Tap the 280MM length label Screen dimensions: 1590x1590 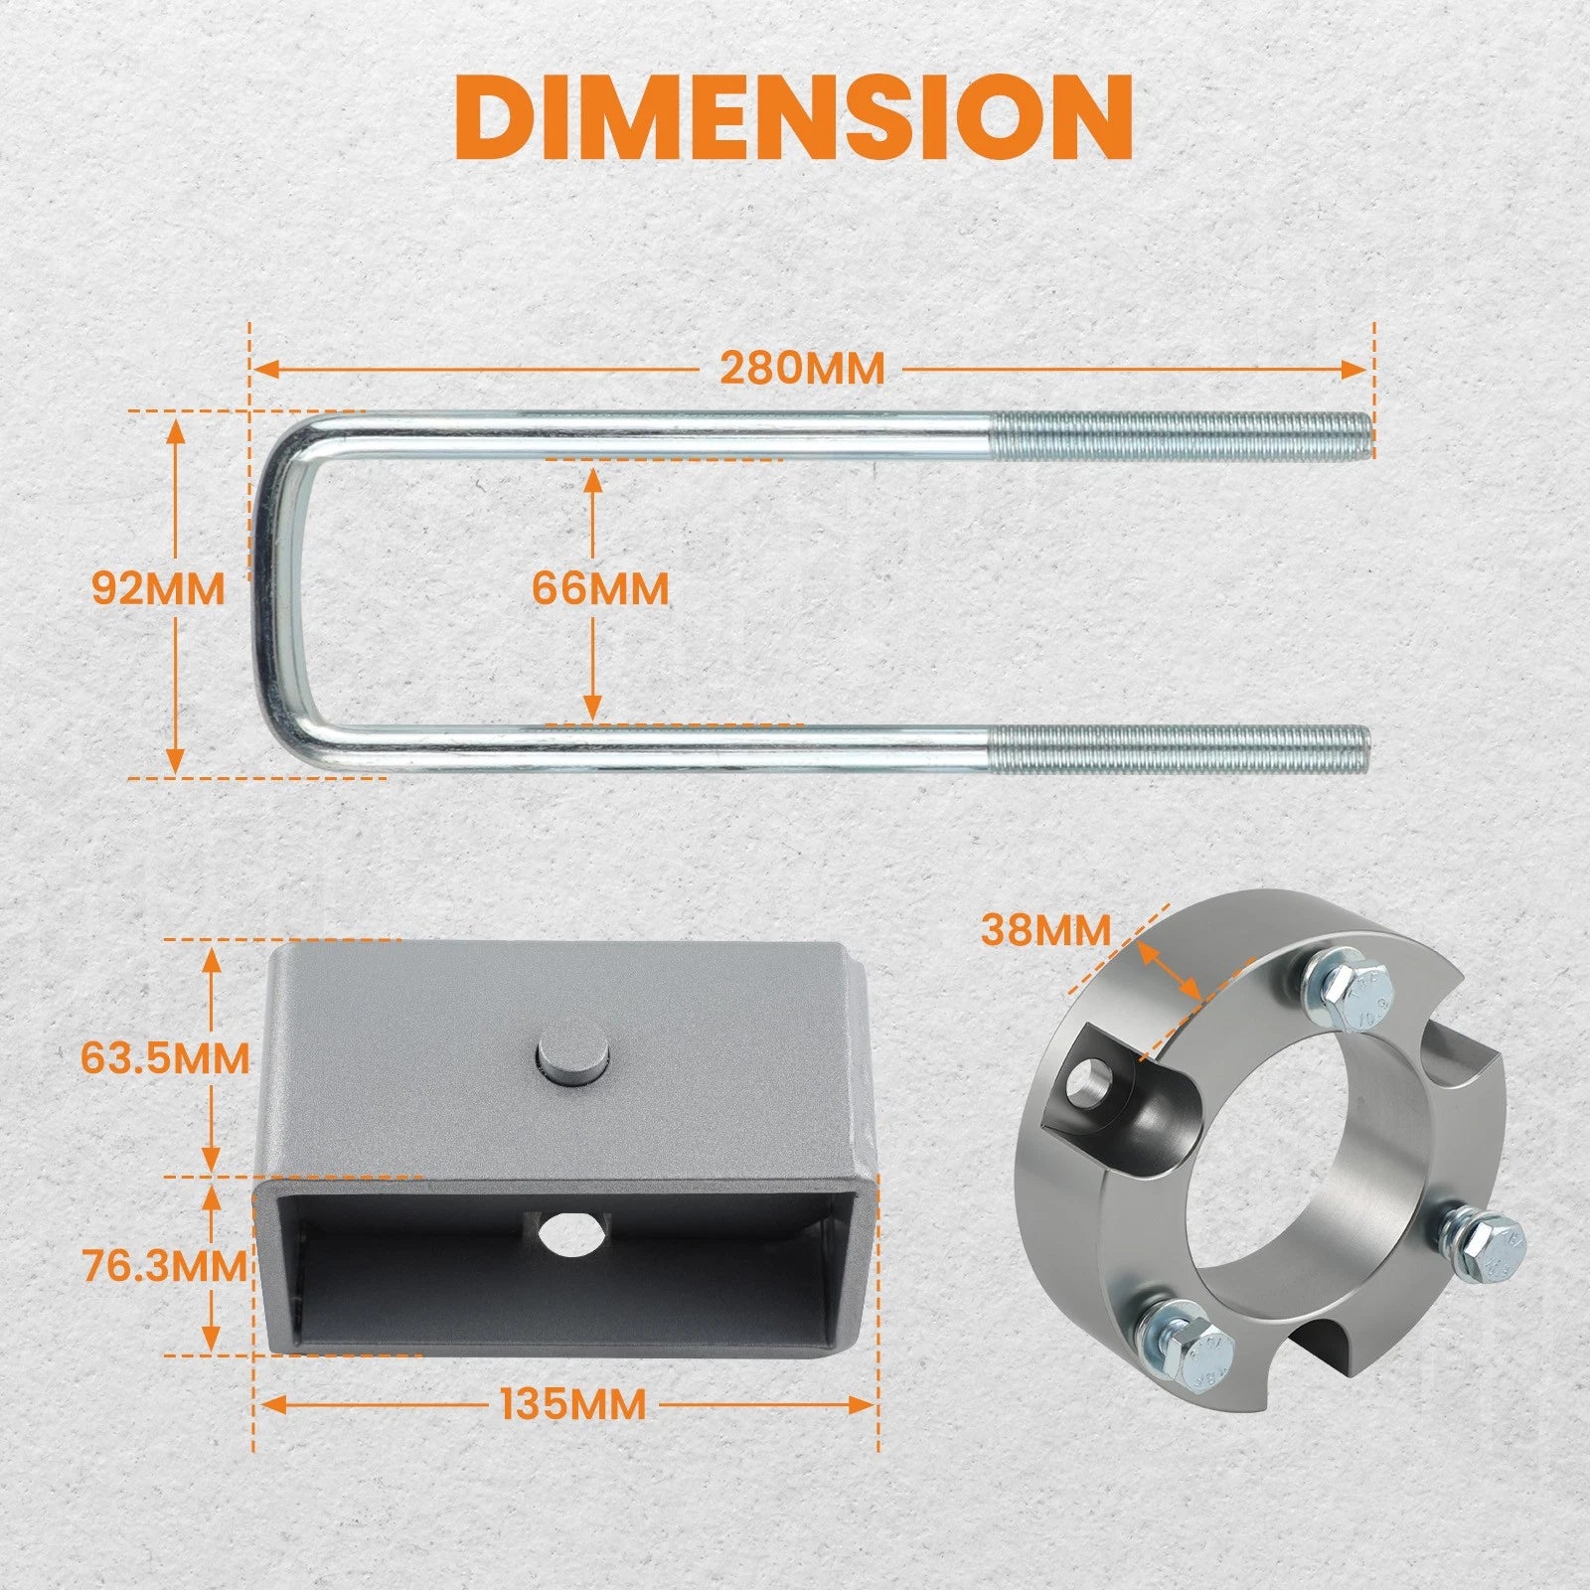[802, 369]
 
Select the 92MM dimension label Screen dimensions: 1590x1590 [158, 589]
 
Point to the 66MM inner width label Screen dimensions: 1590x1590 [600, 589]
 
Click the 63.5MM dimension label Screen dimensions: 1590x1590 [165, 1057]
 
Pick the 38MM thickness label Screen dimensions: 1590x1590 [1045, 931]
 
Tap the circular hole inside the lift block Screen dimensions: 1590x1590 [563, 1234]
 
